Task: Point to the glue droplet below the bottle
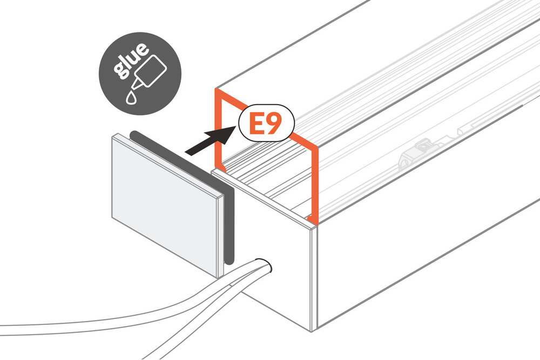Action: pyautogui.click(x=131, y=97)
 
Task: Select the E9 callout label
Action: pyautogui.click(x=267, y=123)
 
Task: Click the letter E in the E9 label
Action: pyautogui.click(x=256, y=124)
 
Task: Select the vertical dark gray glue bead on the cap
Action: pyautogui.click(x=230, y=226)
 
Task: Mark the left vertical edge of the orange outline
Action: pyautogui.click(x=217, y=129)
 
